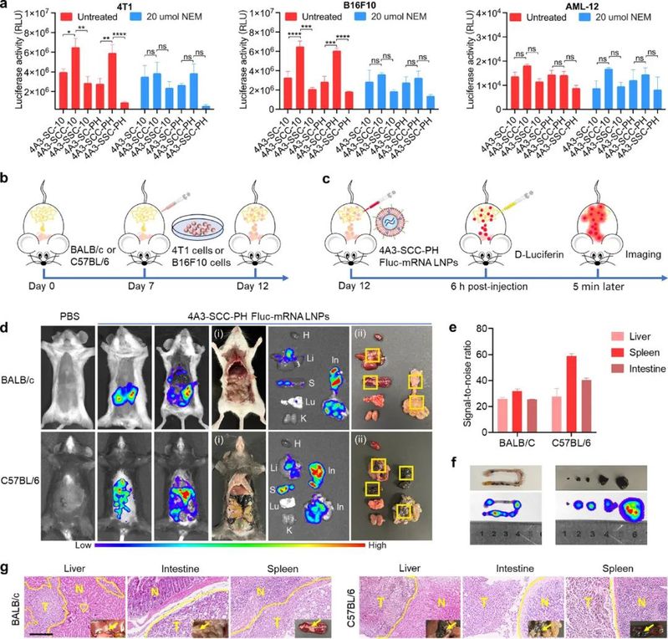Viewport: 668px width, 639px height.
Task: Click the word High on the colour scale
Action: (x=399, y=544)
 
